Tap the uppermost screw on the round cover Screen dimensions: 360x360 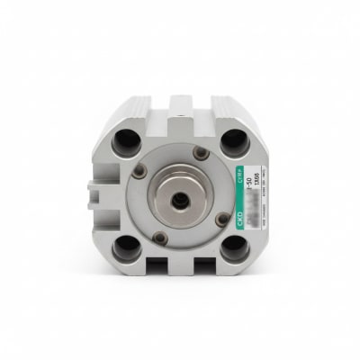tap(201, 153)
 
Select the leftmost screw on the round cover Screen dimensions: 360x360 tap(139, 171)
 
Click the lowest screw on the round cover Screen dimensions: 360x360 tap(160, 238)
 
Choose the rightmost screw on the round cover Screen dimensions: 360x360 tap(223, 217)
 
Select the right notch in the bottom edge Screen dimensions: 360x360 tap(205, 265)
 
